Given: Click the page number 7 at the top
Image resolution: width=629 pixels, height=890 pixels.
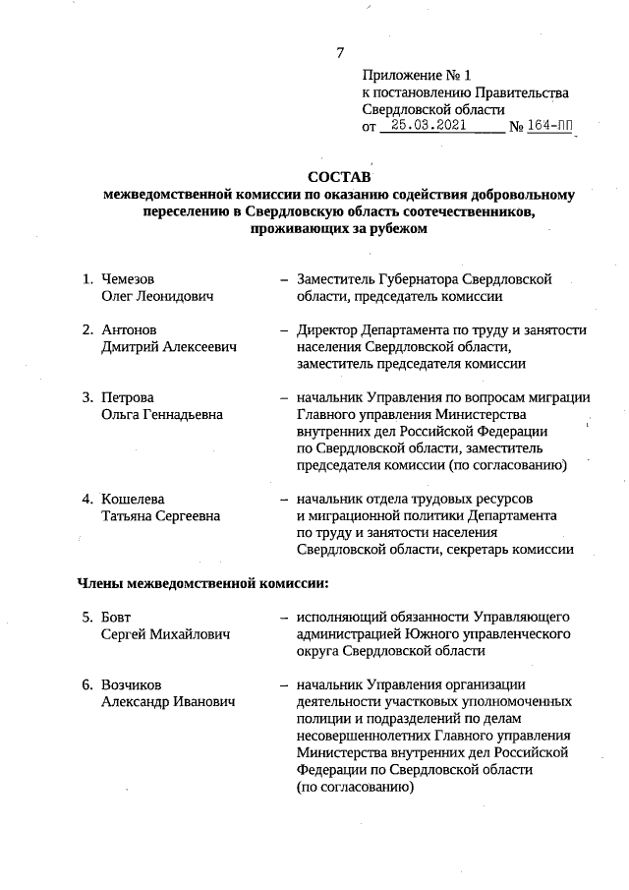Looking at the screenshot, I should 340,52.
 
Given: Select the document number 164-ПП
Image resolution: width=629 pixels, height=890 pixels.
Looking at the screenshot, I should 550,126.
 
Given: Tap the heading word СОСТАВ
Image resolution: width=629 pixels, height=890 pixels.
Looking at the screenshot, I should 340,177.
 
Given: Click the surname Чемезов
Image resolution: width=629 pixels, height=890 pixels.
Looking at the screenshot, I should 129,279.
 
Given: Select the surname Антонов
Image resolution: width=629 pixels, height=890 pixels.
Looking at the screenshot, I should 129,329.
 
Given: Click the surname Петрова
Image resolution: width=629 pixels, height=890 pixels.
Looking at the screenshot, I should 128,397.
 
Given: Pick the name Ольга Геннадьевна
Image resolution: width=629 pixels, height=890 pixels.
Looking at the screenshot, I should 162,414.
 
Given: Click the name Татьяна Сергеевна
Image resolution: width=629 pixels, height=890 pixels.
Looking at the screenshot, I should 161,515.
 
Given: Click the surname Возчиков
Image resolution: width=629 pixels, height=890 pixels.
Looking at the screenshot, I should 134,684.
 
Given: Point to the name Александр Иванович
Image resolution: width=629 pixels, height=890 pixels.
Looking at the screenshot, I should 168,701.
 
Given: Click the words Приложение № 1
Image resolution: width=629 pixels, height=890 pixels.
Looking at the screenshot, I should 418,75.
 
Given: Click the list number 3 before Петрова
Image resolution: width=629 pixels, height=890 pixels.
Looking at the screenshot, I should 86,397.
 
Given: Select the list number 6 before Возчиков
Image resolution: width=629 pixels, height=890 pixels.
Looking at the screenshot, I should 86,684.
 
